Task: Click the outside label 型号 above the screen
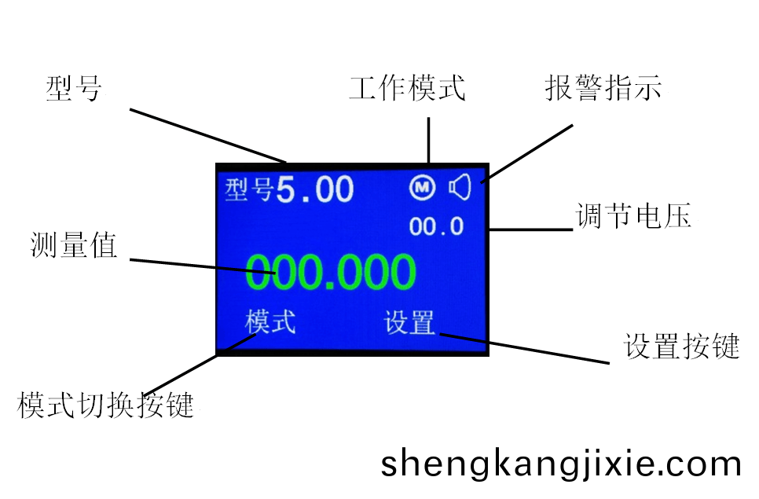click(74, 89)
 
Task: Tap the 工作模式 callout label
click(407, 88)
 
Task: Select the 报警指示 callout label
click(603, 88)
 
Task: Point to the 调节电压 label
click(633, 215)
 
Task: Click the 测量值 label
click(74, 245)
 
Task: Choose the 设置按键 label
click(681, 346)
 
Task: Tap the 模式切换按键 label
click(105, 405)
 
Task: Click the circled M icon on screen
click(422, 187)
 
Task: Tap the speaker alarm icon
click(460, 187)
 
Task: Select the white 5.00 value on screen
click(314, 189)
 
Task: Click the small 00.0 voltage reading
click(436, 226)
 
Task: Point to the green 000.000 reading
click(331, 272)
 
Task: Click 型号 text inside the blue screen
click(250, 189)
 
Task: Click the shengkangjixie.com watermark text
click(561, 464)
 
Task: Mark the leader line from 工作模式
click(428, 140)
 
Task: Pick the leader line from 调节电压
click(531, 229)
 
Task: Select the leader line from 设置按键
click(525, 348)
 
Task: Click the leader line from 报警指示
click(526, 154)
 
